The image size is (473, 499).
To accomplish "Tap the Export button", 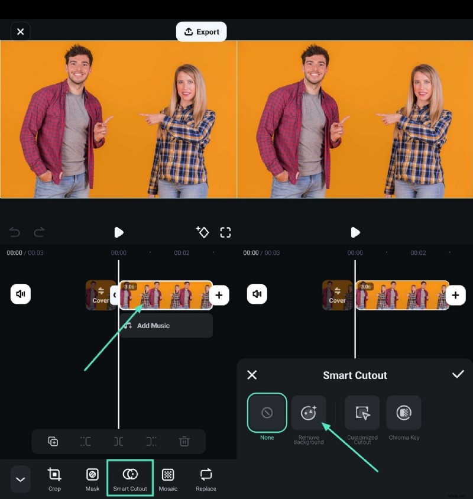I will coord(202,32).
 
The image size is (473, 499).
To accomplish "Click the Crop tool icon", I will coord(54,474).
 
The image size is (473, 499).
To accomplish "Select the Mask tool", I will coord(92,474).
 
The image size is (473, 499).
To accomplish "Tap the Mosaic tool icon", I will coord(168,474).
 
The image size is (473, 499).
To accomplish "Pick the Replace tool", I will coord(206,474).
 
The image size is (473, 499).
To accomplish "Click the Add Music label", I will coord(153,326).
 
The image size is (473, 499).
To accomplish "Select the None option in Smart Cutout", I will coord(267,413).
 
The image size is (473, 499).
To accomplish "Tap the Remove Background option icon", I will coord(309,413).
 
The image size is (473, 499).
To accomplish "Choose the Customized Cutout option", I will coord(362,413).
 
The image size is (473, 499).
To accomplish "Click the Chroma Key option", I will coord(404,413).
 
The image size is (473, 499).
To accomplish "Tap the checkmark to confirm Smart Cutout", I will coord(458,375).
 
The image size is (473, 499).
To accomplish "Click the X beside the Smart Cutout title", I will coord(252,375).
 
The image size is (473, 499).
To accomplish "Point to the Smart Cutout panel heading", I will coord(355,375).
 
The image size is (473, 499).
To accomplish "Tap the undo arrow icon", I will coord(15,232).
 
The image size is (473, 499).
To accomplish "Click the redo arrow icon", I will coord(39,232).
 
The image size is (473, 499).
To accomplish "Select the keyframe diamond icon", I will coord(202,232).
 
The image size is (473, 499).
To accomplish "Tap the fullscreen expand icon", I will coord(225,232).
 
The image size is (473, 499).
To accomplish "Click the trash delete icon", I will coord(184,442).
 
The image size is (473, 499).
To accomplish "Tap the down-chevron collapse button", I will coord(21,479).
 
